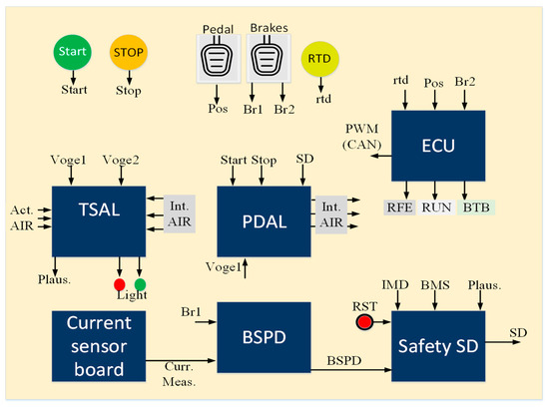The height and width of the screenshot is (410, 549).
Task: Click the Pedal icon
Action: [218, 66]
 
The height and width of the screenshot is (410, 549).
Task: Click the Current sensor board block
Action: [98, 345]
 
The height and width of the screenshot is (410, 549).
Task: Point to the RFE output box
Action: [398, 206]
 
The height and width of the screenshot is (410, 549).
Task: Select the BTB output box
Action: [475, 206]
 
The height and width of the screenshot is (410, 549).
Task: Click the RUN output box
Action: [437, 206]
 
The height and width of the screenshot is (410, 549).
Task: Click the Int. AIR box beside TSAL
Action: [177, 209]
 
